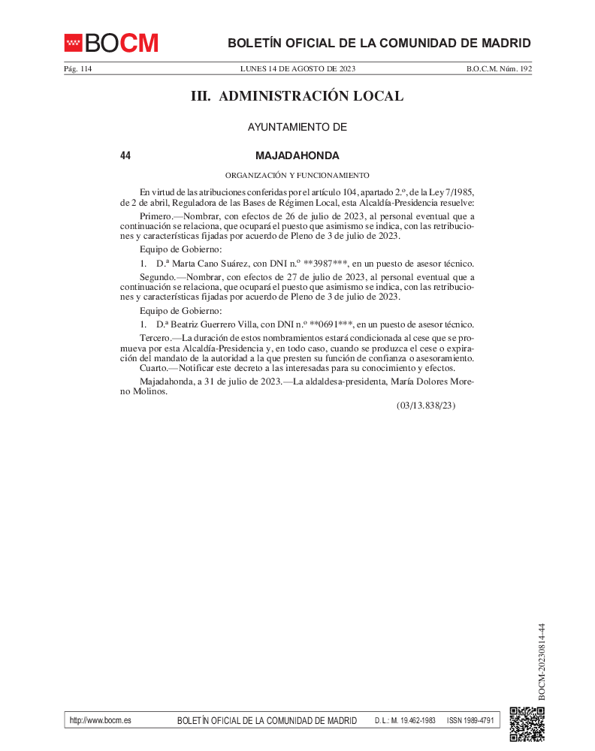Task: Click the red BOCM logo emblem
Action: pyautogui.click(x=73, y=43)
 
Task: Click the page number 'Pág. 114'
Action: pyautogui.click(x=77, y=69)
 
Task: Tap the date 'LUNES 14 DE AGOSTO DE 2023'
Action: pyautogui.click(x=297, y=69)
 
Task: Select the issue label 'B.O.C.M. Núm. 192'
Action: pyautogui.click(x=499, y=69)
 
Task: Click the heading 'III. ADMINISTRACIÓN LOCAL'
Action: pyautogui.click(x=297, y=96)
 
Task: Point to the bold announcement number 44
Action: pyautogui.click(x=125, y=156)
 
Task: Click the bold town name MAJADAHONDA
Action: pyautogui.click(x=297, y=156)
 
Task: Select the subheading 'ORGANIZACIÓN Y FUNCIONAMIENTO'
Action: pyautogui.click(x=297, y=175)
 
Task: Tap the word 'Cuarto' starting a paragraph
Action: pyautogui.click(x=154, y=368)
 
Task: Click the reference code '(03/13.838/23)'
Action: pyautogui.click(x=426, y=406)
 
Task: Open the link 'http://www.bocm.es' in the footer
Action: pyautogui.click(x=100, y=720)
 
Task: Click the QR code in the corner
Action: pyautogui.click(x=527, y=724)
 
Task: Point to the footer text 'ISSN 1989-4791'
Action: pyautogui.click(x=470, y=720)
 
